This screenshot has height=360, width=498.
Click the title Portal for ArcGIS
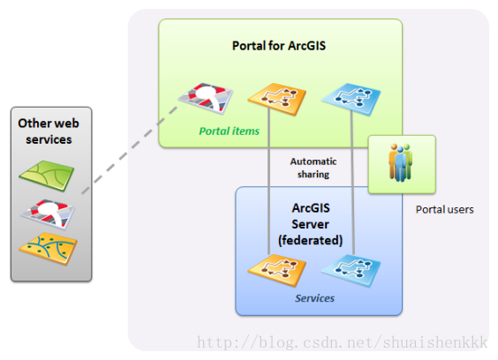click(x=279, y=46)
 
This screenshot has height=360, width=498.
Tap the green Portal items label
click(x=229, y=131)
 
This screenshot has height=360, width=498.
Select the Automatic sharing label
click(x=313, y=168)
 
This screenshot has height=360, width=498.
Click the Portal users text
click(x=445, y=209)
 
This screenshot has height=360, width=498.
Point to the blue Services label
click(x=314, y=298)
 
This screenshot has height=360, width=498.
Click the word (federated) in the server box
click(x=310, y=240)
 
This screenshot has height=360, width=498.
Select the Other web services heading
click(x=49, y=131)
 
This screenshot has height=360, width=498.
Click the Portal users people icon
click(x=401, y=162)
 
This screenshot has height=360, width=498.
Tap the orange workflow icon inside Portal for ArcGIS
click(x=277, y=100)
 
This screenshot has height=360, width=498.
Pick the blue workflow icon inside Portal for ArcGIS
click(x=351, y=100)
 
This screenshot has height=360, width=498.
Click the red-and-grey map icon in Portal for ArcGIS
click(x=206, y=99)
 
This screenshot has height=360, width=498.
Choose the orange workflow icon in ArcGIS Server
click(x=277, y=271)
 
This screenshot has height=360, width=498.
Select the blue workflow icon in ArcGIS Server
click(x=351, y=271)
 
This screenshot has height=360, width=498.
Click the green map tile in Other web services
click(x=47, y=176)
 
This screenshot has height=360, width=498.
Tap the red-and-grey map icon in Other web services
click(x=48, y=214)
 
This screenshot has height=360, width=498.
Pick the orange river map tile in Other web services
click(x=48, y=249)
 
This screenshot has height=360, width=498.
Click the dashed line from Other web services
click(x=130, y=150)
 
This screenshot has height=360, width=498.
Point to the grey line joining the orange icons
click(x=268, y=181)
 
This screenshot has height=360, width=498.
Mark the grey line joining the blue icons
click(x=352, y=183)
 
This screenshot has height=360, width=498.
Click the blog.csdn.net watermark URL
click(x=343, y=342)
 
